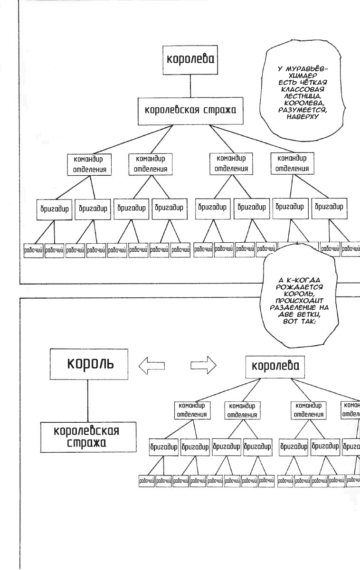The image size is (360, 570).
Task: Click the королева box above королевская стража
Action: tap(190, 60)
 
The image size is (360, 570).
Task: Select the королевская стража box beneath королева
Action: tap(190, 110)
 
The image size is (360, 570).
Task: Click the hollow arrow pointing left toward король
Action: tap(152, 365)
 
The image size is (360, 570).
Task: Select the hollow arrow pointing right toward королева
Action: tap(203, 365)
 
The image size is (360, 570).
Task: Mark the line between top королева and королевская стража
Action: tap(190, 86)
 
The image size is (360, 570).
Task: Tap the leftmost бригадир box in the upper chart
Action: tap(54, 209)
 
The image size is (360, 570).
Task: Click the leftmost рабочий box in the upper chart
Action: tap(34, 250)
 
